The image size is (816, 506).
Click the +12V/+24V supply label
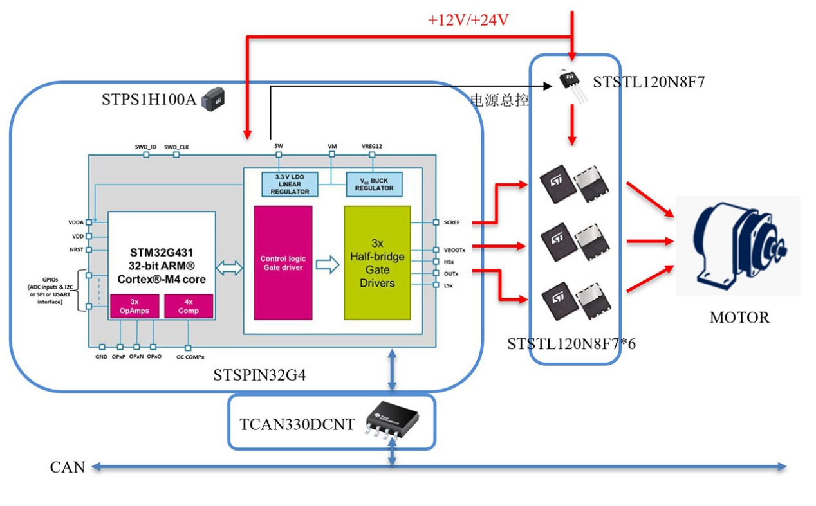coord(468,20)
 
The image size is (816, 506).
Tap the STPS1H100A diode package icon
coord(213,100)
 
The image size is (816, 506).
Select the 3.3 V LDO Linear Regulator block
coord(290,184)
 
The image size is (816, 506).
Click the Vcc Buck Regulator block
coord(374,184)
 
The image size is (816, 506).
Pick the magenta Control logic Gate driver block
coord(283,262)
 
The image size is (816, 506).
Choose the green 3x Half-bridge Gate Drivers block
coord(377,262)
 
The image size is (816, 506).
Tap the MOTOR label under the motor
coord(739,318)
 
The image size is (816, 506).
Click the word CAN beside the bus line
coord(68,467)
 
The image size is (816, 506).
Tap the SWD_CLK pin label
coord(176,147)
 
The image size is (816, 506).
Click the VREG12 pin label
coord(372,147)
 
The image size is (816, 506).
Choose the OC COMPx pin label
coord(190,357)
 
